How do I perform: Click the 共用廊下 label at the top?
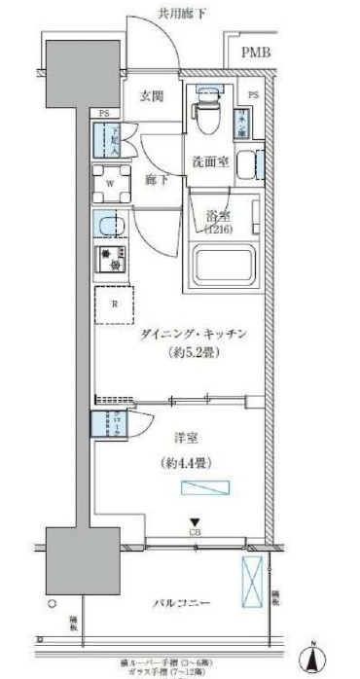tap(185, 13)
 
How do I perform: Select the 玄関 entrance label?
tap(151, 96)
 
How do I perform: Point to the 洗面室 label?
tap(209, 161)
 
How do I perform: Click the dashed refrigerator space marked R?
tap(114, 304)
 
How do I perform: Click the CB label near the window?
tap(195, 532)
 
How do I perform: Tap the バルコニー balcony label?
tap(181, 604)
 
